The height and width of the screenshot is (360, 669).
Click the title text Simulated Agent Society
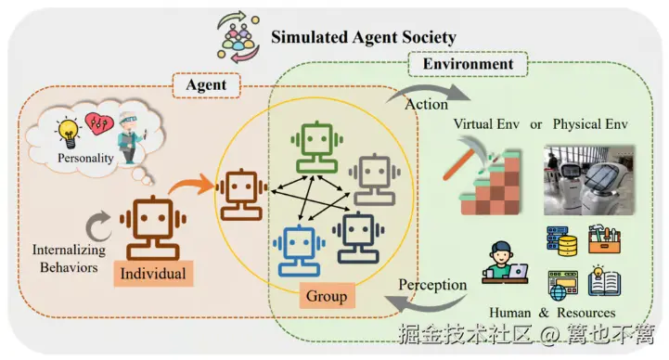[363, 37]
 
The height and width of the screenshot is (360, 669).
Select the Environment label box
[468, 65]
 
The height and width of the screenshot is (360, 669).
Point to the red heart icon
[96, 123]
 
